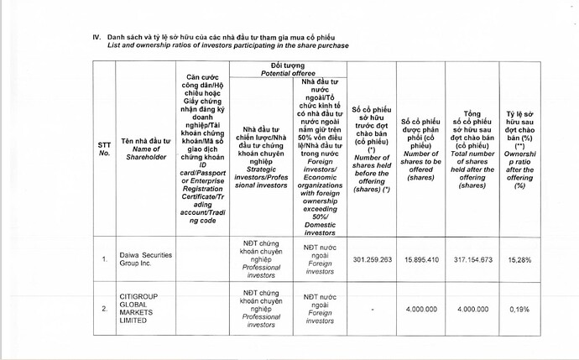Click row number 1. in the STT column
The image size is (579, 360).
[x=105, y=259]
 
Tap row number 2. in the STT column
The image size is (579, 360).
[x=105, y=310]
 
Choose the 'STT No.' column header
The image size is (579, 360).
[x=104, y=149]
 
